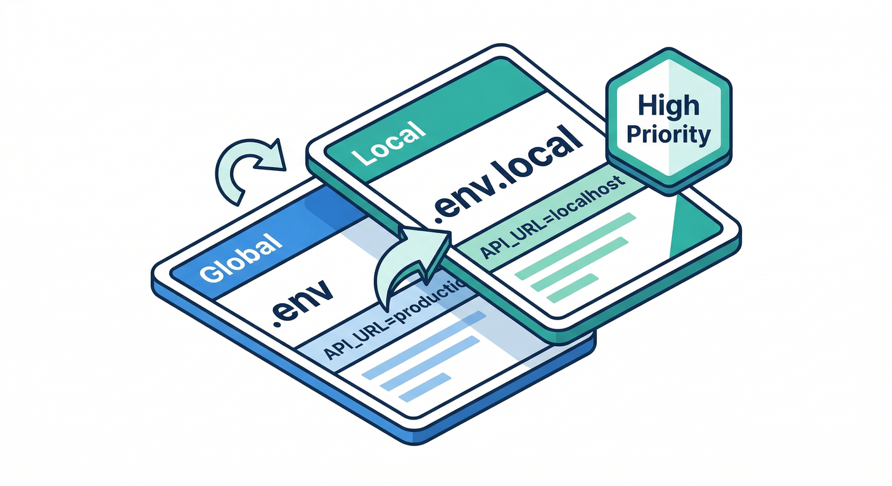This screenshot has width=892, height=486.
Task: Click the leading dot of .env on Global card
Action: [277, 321]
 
